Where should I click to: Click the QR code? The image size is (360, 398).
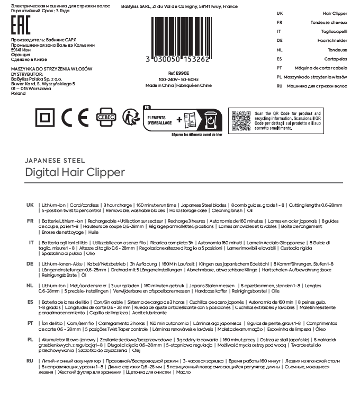tap(240, 121)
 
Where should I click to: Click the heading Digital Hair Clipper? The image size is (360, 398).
tap(75, 172)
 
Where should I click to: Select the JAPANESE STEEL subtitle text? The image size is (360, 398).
tap(55, 160)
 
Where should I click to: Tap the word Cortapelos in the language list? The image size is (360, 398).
tap(335, 59)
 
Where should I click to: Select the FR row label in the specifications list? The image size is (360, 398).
tap(30, 221)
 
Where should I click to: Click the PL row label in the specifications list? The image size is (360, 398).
tap(30, 339)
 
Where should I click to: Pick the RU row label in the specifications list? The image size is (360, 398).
tap(30, 361)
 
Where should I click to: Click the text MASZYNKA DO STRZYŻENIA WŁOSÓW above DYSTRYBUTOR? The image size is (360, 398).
tap(52, 69)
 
